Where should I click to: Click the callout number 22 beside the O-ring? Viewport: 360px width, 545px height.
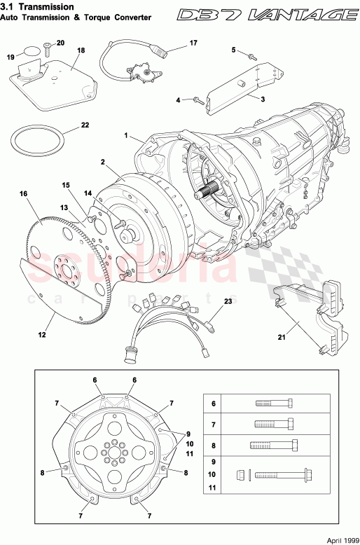(85, 125)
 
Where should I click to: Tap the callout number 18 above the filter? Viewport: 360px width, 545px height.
(81, 51)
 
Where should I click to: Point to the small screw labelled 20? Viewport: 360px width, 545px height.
(46, 48)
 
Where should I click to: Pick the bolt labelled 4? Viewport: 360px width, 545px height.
(198, 100)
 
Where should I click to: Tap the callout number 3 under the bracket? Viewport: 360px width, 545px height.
(262, 100)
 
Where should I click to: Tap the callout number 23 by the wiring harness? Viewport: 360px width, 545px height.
(228, 301)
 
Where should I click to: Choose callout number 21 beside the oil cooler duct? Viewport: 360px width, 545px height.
(281, 338)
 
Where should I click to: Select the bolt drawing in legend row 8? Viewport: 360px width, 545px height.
(274, 445)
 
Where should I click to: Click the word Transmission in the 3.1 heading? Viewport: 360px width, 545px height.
(48, 6)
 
